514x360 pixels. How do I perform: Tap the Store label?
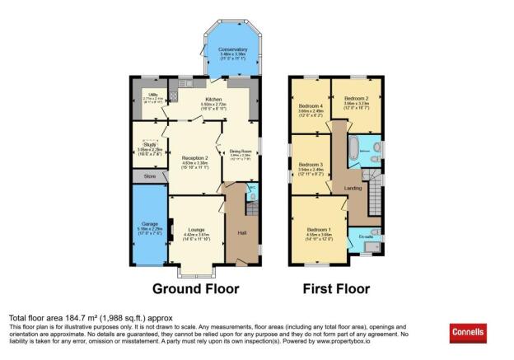click(x=149, y=175)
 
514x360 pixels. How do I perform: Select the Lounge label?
click(x=195, y=228)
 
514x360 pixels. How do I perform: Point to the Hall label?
click(x=242, y=234)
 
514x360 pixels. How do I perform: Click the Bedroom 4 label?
click(x=310, y=106)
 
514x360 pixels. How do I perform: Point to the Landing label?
click(x=353, y=188)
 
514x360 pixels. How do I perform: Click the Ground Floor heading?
click(x=195, y=288)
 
